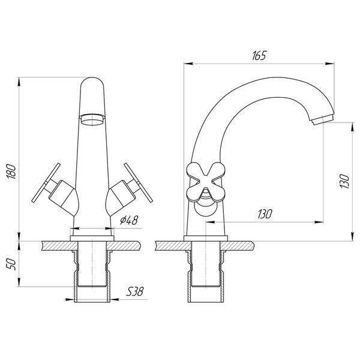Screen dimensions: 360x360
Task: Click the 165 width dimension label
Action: (259, 56)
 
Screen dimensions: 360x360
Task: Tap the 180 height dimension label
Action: (11, 171)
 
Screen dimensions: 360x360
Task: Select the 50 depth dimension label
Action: (11, 264)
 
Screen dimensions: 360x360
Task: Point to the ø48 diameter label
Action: (129, 221)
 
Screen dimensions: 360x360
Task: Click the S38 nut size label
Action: (135, 292)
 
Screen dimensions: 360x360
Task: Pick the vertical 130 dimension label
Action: (344, 181)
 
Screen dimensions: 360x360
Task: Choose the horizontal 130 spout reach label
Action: (265, 214)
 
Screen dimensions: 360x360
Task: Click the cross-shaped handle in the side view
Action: (205, 182)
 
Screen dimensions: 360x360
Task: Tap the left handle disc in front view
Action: (46, 183)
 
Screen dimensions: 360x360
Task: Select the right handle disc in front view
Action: (138, 183)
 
